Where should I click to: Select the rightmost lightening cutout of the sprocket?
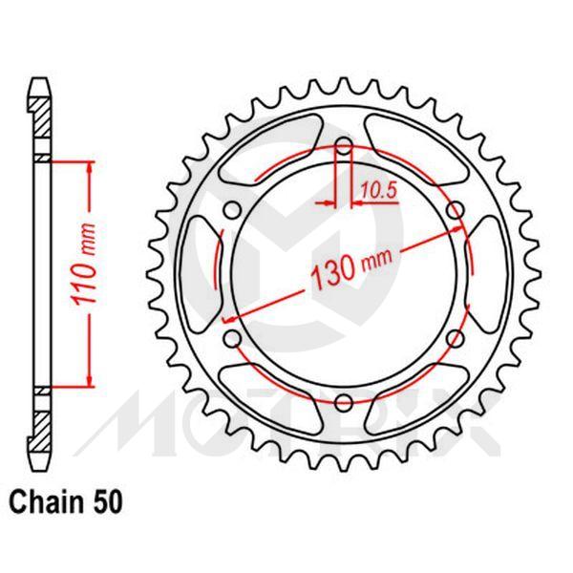click(x=488, y=274)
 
